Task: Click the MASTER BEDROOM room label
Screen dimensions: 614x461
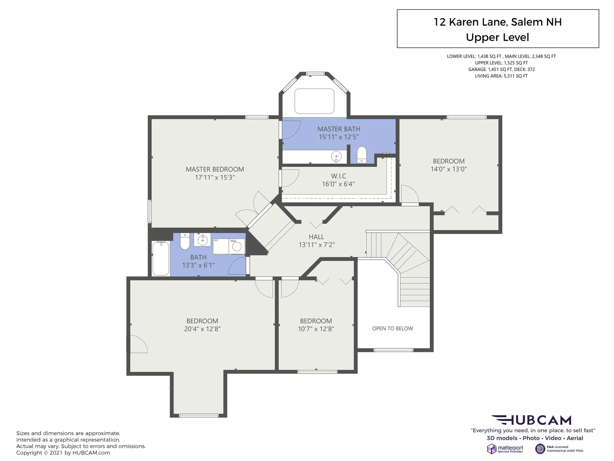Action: (x=215, y=169)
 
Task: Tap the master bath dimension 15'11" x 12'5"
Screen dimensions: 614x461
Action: (x=339, y=137)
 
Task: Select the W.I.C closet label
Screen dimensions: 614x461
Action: (x=339, y=176)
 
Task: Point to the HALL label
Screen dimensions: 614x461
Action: (x=316, y=237)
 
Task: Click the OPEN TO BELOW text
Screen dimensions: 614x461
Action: (x=393, y=328)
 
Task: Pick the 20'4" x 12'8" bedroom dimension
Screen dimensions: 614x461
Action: (x=202, y=329)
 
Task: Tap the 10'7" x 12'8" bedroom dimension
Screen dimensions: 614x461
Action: (x=316, y=329)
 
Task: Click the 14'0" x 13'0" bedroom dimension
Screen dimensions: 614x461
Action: (x=449, y=169)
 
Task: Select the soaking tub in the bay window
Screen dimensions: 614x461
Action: (x=314, y=101)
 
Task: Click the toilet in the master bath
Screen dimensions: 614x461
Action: (x=361, y=155)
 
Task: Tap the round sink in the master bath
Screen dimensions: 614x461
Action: (x=336, y=157)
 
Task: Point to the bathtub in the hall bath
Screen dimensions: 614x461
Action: (x=161, y=259)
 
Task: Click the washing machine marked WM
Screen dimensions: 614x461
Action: (x=237, y=246)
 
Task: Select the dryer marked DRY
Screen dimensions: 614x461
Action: (x=221, y=246)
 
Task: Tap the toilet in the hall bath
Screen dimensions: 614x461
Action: (x=185, y=241)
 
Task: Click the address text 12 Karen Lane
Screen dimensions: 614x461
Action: (x=470, y=22)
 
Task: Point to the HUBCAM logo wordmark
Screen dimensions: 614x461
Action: (x=531, y=420)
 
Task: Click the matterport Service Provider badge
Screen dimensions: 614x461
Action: (x=505, y=449)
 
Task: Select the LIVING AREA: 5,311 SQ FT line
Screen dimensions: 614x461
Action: (x=501, y=76)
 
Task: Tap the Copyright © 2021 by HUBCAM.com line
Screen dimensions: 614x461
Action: (x=63, y=453)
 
